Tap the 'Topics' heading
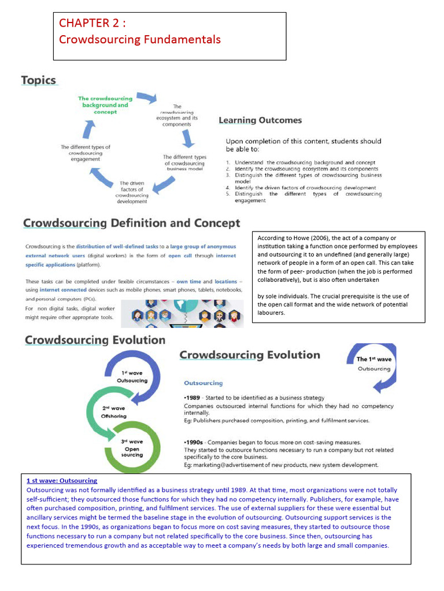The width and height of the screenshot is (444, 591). tap(39, 80)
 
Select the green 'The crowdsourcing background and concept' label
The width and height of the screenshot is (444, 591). tap(105, 105)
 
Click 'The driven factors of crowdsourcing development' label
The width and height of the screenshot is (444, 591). tap(132, 192)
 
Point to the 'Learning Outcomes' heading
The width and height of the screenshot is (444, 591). tap(260, 121)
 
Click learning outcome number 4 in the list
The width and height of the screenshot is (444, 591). tap(305, 188)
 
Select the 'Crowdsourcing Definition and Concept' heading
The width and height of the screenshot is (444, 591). tap(131, 223)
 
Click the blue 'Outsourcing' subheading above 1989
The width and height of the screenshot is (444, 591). tap(203, 383)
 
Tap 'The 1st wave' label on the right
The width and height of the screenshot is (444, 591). tap(373, 360)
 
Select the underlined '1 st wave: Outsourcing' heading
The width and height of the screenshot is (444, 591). tap(62, 481)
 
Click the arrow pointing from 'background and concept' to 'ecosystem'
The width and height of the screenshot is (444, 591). tap(146, 98)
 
